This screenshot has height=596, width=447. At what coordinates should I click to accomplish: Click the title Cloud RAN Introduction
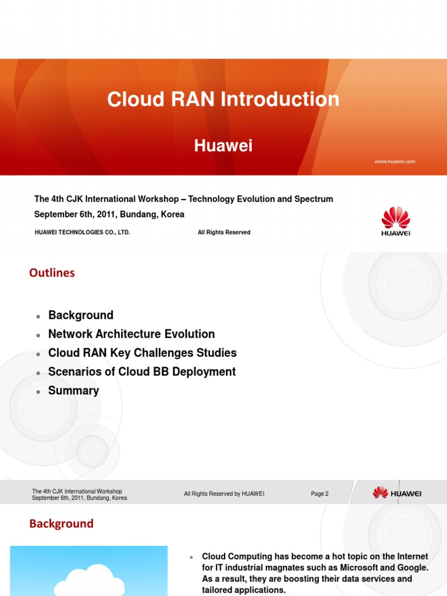(x=223, y=100)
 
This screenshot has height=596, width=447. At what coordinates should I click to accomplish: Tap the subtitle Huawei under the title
(x=223, y=146)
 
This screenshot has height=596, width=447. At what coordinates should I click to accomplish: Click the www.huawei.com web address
(x=395, y=162)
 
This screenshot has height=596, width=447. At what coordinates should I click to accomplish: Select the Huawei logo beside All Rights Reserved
(x=395, y=222)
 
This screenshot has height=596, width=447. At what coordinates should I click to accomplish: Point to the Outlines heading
(x=52, y=273)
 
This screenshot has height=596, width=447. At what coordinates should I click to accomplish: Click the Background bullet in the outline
(x=81, y=315)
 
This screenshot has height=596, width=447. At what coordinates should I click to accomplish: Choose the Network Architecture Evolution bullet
(x=132, y=334)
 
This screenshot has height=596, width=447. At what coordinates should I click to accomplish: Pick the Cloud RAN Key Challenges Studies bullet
(x=143, y=353)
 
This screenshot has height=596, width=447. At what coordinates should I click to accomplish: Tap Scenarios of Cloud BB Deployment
(x=142, y=372)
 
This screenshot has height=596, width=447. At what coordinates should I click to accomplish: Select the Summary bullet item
(x=74, y=391)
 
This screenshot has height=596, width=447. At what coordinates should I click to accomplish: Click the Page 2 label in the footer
(x=320, y=494)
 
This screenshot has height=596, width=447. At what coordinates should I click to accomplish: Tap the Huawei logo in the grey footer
(x=397, y=494)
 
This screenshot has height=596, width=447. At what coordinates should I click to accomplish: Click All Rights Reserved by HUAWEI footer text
(x=224, y=494)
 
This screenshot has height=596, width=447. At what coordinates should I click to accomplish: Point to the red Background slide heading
(x=61, y=524)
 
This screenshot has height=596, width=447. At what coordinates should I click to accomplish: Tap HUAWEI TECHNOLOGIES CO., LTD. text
(x=82, y=232)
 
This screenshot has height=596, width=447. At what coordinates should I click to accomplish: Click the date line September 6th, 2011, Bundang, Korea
(x=109, y=214)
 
